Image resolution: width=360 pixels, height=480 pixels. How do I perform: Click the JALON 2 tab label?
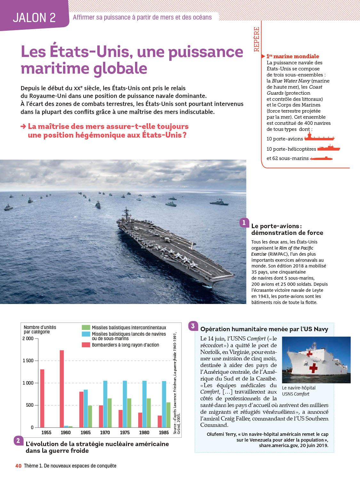click(34, 18)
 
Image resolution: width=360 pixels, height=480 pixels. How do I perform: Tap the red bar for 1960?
click(62, 388)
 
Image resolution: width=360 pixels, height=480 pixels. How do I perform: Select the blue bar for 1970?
click(105, 404)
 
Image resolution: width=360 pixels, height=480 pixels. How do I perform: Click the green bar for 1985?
click(168, 415)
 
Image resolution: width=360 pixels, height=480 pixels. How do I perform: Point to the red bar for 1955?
click(42, 398)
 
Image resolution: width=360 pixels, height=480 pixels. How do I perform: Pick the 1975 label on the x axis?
click(125, 432)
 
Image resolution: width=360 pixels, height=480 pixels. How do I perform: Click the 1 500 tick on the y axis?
click(28, 361)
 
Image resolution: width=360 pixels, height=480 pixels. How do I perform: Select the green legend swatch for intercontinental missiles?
click(86, 327)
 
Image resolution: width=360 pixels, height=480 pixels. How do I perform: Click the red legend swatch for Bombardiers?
click(86, 345)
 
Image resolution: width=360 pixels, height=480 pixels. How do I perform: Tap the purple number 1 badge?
click(244, 223)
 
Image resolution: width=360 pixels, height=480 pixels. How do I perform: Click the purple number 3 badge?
click(193, 326)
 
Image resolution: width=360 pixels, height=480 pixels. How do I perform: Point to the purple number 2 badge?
click(18, 441)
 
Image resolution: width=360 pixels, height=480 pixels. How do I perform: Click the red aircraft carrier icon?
click(319, 138)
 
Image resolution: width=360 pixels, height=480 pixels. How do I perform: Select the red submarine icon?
click(322, 158)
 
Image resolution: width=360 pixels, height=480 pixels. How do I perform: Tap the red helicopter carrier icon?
click(329, 148)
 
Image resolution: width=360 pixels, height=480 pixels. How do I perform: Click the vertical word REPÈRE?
click(256, 39)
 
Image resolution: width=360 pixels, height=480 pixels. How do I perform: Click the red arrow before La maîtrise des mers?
click(23, 126)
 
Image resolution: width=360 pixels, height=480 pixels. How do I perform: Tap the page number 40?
click(18, 466)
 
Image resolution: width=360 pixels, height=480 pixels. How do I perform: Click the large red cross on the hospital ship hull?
click(313, 368)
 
